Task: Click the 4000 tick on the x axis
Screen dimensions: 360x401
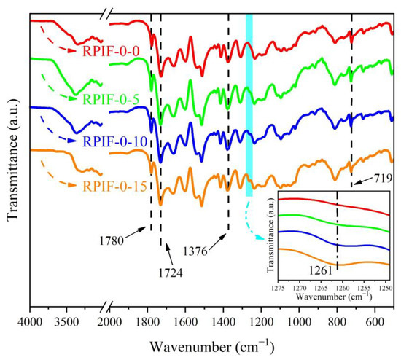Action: pyautogui.click(x=30, y=321)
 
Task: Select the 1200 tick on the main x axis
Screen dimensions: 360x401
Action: pyautogui.click(x=261, y=321)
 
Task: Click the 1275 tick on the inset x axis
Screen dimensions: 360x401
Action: pyautogui.click(x=277, y=289)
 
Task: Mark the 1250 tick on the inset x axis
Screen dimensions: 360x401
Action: pyautogui.click(x=386, y=289)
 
